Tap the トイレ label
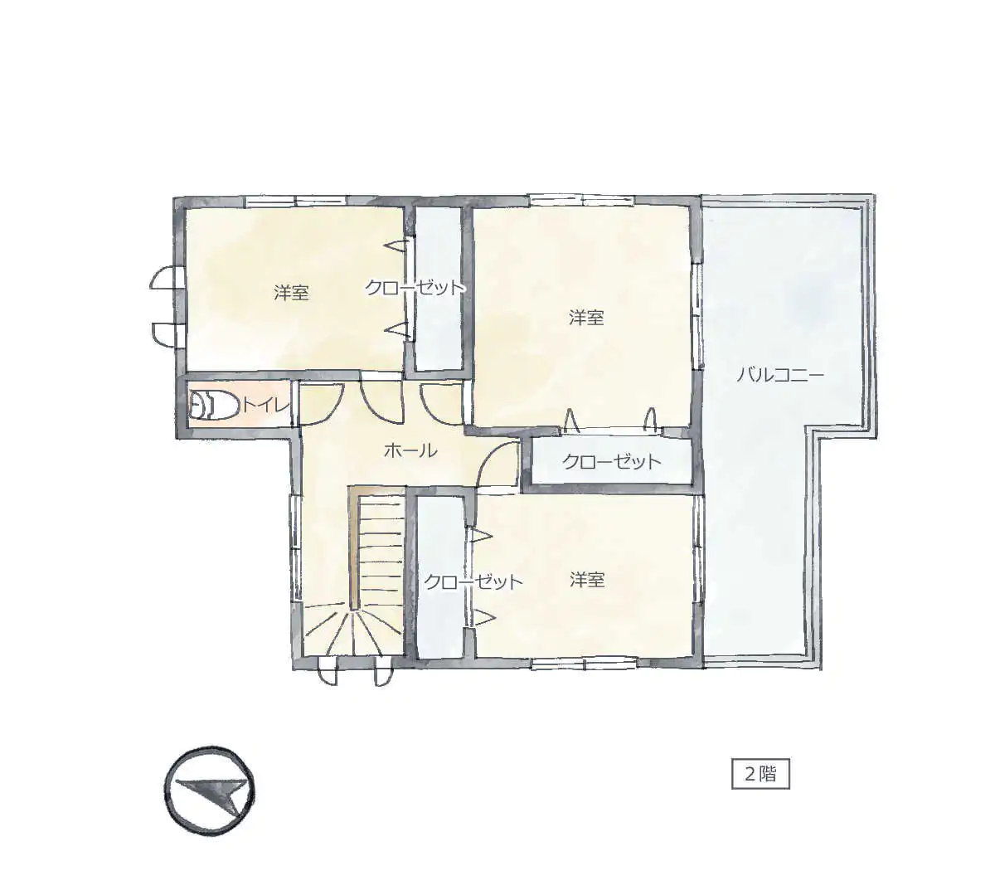click(265, 406)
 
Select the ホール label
click(410, 450)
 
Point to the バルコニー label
click(779, 375)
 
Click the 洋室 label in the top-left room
click(291, 292)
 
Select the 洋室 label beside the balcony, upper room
click(586, 317)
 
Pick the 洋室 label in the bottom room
click(587, 579)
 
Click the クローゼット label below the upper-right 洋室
click(612, 462)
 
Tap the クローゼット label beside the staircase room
click(473, 581)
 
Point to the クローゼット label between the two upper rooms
click(415, 288)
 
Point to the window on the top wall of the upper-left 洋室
click(296, 201)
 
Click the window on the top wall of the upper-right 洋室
click(581, 200)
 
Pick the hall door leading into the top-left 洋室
click(381, 402)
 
